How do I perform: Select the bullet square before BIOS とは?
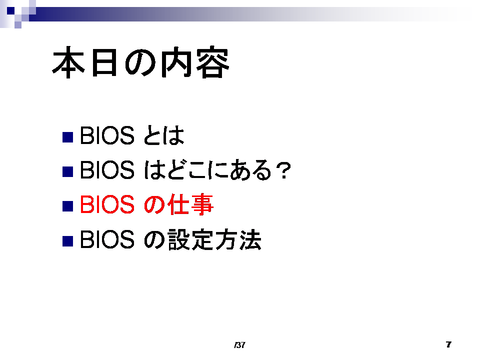tap(67, 137)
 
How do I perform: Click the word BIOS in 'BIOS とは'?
tap(107, 135)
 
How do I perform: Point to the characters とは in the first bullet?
tap(164, 135)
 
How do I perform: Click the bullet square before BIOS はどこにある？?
tap(67, 171)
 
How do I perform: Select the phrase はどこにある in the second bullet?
tap(207, 170)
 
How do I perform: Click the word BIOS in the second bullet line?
tap(107, 170)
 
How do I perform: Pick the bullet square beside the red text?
tap(67, 206)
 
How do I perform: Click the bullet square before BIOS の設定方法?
tap(67, 241)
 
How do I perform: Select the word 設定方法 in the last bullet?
tap(214, 239)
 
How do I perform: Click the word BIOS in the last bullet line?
tap(107, 239)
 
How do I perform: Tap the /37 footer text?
tap(239, 345)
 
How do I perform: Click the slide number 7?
tap(448, 344)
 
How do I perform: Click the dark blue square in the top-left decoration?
tap(10, 10)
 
